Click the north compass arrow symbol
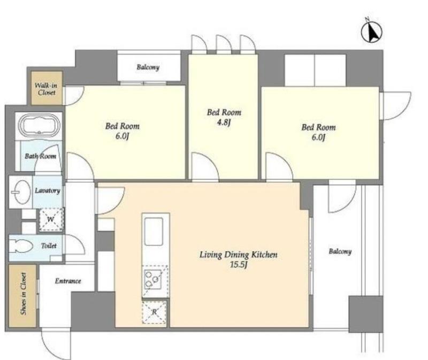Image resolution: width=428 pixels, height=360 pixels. [372, 32]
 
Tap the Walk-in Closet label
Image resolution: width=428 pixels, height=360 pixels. [47, 89]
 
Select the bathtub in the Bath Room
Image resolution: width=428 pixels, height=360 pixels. [39, 126]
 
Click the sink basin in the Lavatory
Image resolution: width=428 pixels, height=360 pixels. [22, 192]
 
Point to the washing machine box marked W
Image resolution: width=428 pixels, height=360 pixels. [50, 220]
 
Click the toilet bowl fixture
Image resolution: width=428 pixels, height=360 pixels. [20, 246]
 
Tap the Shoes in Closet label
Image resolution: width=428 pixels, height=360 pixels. [24, 294]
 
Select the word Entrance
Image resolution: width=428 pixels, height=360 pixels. [68, 281]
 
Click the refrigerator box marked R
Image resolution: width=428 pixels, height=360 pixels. [154, 312]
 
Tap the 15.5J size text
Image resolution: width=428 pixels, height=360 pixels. [239, 265]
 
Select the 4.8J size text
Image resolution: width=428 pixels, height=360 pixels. [224, 122]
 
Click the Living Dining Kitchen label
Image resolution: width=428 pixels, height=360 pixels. [238, 255]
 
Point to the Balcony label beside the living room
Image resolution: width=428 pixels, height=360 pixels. [340, 251]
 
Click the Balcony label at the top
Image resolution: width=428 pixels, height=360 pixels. [148, 67]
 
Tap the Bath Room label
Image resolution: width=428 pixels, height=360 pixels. [41, 156]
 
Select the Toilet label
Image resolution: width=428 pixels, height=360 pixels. [49, 246]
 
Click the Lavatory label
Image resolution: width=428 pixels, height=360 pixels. [48, 190]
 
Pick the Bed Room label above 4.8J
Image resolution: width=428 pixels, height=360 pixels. [224, 112]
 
